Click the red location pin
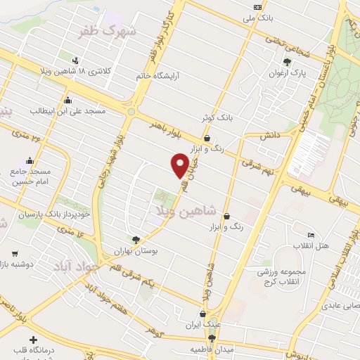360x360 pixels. [180, 165]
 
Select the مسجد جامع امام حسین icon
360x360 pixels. [29, 160]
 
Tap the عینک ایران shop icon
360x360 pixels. [203, 314]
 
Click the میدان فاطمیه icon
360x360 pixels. [212, 338]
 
